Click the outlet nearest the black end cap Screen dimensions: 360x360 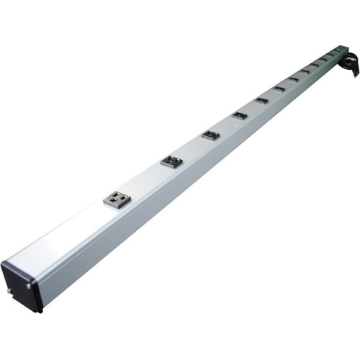coord(118,198)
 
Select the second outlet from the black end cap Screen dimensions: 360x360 coord(171,161)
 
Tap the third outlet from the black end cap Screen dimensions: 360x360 coord(210,135)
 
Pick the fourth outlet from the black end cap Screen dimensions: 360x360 coord(240,114)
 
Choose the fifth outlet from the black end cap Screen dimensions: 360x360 coord(261,99)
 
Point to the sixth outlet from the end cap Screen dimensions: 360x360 coord(279,88)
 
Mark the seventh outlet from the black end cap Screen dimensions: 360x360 coord(294,78)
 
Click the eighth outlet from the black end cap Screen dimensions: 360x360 coord(305,71)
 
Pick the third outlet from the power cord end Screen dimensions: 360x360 coord(323,58)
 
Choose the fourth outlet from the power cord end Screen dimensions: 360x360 coord(315,64)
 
